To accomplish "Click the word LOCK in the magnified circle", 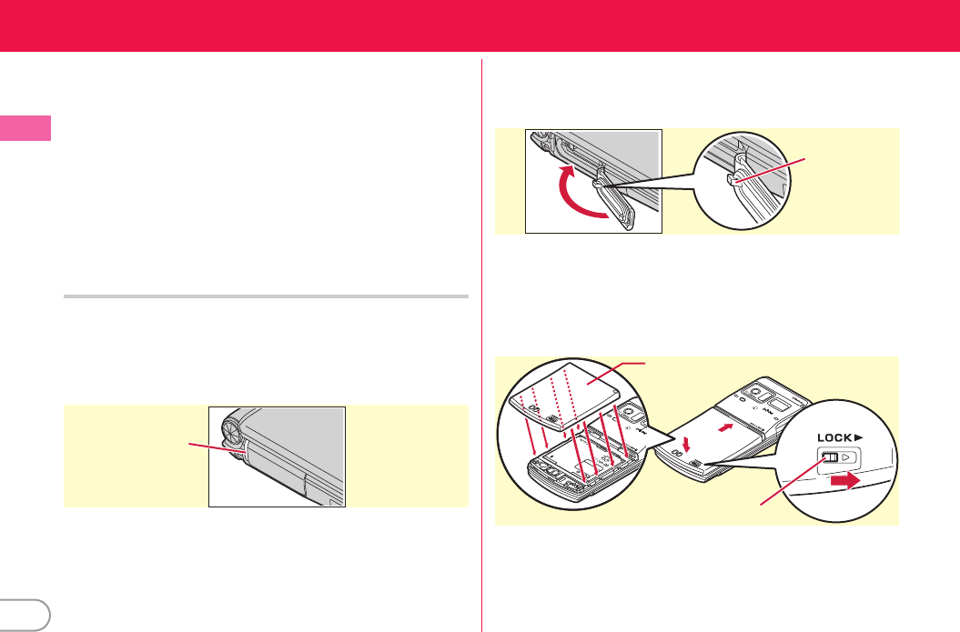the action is point(834,437).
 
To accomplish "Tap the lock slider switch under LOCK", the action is point(830,457).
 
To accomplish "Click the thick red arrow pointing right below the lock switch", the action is point(845,481).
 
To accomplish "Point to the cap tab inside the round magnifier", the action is point(734,178).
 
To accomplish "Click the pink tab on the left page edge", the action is point(25,128).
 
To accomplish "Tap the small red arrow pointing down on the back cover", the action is point(686,442).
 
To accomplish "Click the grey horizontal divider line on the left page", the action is point(266,296).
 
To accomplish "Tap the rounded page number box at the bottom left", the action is point(25,616).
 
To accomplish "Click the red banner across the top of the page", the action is point(480,25).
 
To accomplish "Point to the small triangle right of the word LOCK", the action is point(859,437).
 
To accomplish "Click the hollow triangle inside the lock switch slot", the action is point(845,457).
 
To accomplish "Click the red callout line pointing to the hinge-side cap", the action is point(217,447).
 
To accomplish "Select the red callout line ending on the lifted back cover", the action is point(615,373).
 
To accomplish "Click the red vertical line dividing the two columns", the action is point(482,346).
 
